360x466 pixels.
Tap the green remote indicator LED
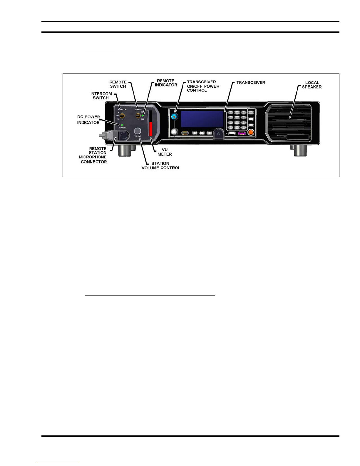click(143, 116)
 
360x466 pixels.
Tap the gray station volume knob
click(138, 131)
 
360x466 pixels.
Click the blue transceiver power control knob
click(175, 117)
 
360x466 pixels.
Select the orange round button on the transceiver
click(251, 133)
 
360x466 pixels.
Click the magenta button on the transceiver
click(242, 133)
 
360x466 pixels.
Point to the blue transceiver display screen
click(202, 119)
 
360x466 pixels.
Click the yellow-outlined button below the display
click(185, 133)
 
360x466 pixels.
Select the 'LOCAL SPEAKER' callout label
click(312, 85)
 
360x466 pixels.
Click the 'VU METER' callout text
click(165, 152)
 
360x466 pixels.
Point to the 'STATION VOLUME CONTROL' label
click(161, 166)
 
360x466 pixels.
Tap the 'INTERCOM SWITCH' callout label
click(101, 96)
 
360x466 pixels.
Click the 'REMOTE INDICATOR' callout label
click(166, 83)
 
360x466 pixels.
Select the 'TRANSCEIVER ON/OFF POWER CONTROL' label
click(203, 86)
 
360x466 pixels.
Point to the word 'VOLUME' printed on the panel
click(138, 136)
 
